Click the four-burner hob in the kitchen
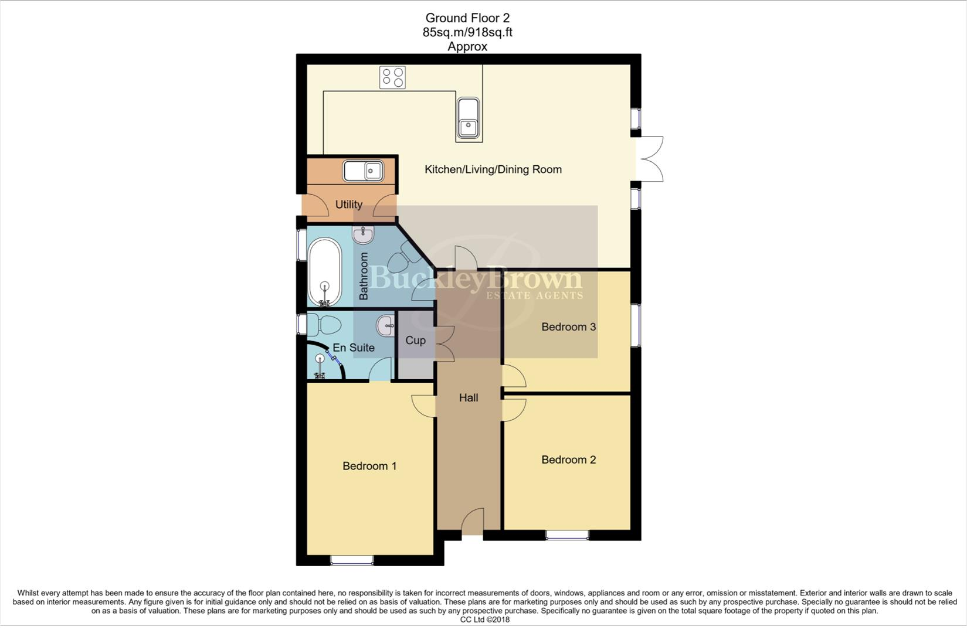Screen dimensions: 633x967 [x=392, y=77]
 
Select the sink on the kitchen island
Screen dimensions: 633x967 [x=468, y=119]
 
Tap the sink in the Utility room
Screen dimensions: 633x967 [x=363, y=171]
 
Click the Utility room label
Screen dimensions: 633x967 [x=348, y=205]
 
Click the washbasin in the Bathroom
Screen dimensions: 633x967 [x=364, y=235]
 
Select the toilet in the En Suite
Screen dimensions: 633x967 [x=324, y=324]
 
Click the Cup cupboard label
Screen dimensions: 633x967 [x=415, y=341]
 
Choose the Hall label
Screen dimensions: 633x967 [x=468, y=398]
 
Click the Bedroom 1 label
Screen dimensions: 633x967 [x=369, y=466]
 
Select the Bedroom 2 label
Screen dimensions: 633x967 [x=568, y=460]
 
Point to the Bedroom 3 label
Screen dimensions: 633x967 [x=568, y=327]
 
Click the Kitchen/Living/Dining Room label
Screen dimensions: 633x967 [x=493, y=169]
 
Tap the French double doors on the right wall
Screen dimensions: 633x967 [x=650, y=159]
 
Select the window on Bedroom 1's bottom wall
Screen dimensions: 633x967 [x=352, y=560]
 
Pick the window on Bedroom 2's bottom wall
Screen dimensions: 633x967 [x=567, y=535]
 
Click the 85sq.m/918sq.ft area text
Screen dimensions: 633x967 [x=467, y=33]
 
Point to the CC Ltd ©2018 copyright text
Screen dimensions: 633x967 [x=484, y=620]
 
